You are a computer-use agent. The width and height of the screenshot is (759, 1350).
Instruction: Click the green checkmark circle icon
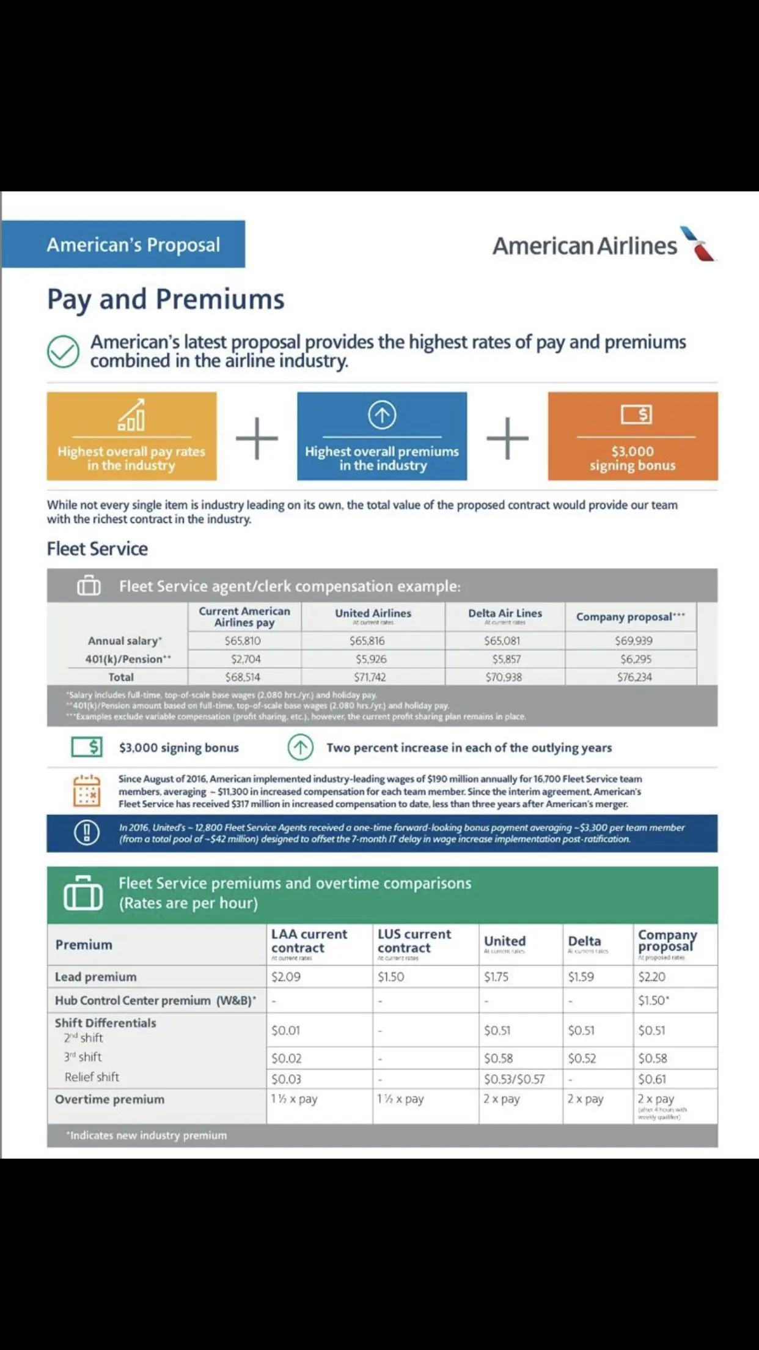pos(63,352)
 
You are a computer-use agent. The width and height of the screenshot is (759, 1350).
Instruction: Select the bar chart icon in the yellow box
pos(131,415)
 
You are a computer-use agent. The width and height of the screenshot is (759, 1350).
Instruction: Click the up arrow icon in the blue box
pos(382,415)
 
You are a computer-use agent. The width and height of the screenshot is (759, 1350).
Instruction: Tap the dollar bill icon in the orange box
pos(636,414)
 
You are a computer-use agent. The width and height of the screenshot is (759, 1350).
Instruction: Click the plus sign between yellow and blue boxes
pos(257,438)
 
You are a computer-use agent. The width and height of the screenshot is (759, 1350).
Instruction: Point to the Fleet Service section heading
pos(97,548)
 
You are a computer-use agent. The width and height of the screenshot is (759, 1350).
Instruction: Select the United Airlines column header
pos(373,613)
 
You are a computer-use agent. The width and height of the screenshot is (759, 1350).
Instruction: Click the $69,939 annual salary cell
pos(634,641)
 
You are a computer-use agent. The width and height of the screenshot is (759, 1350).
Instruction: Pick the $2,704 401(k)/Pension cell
pos(246,659)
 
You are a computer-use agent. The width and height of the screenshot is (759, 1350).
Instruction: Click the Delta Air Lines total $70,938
pos(504,677)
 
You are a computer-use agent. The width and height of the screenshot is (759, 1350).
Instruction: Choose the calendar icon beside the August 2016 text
pos(86,791)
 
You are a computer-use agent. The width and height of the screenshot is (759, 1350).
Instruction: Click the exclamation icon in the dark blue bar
pos(87,833)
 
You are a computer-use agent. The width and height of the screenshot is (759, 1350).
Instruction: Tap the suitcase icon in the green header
pos(83,893)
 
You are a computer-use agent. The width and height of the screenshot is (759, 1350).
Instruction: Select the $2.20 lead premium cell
pos(652,977)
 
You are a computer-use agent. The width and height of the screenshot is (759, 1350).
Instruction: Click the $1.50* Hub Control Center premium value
pos(653,1001)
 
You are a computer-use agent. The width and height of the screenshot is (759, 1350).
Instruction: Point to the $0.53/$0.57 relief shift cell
pos(514,1079)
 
